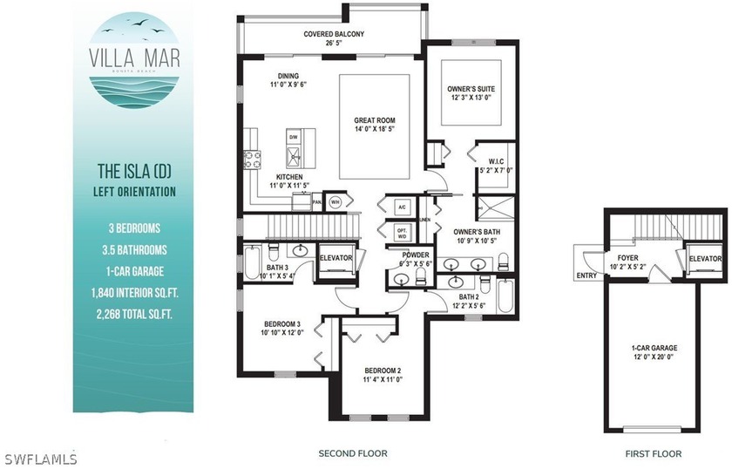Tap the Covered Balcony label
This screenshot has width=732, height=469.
click(333, 34)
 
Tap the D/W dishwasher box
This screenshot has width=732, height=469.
click(293, 137)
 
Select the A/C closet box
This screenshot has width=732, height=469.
click(402, 207)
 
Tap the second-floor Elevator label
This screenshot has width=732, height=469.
click(335, 258)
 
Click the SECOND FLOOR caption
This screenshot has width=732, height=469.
click(352, 453)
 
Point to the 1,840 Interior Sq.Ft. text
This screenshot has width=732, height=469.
click(134, 296)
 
